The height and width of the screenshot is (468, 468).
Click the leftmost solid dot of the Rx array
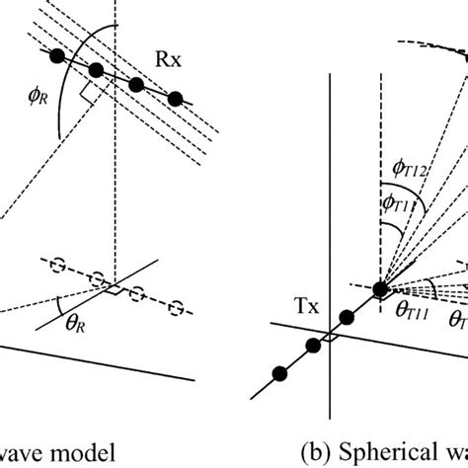click(58, 55)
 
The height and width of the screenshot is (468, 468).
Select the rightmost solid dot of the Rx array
click(176, 98)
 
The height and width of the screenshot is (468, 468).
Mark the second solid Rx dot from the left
click(97, 70)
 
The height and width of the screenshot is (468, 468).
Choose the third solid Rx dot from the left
click(137, 85)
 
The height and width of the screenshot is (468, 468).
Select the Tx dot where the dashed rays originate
click(381, 288)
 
